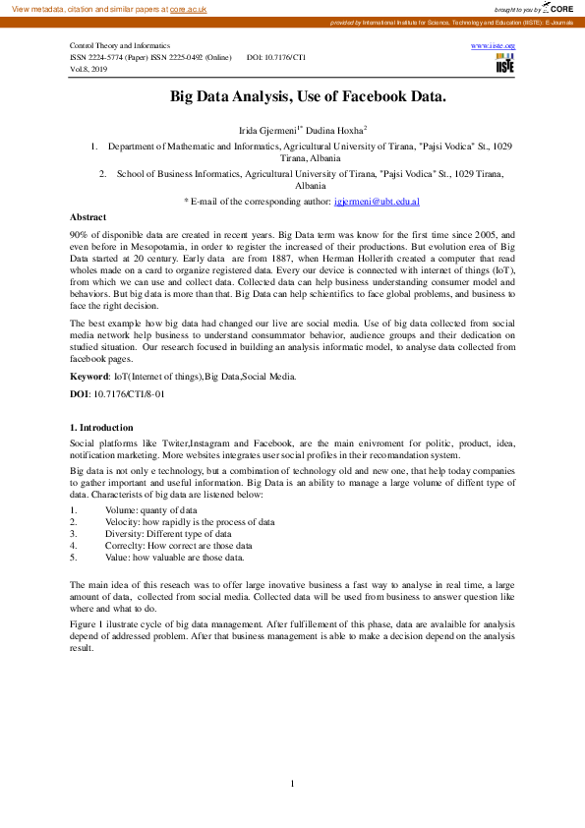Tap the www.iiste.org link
(493, 45)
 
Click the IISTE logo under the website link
(504, 64)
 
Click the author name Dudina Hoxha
(337, 129)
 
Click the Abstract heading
(88, 216)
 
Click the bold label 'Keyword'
(88, 377)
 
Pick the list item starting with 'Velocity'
(190, 522)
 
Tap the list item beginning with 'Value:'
(174, 558)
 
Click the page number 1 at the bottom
(293, 783)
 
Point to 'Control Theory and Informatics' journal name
(119, 46)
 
